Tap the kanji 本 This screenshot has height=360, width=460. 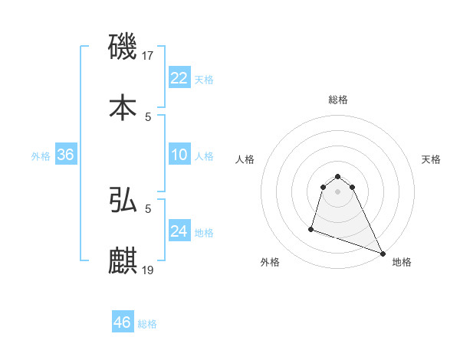click(123, 107)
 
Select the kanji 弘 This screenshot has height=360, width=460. click(123, 200)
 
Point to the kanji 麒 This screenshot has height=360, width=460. click(123, 260)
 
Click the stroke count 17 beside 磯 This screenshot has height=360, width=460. click(149, 56)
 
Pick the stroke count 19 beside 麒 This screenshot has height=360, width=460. click(149, 269)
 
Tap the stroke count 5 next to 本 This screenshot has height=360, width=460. click(148, 116)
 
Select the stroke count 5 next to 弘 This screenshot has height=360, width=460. click(148, 208)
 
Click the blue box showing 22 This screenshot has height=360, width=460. click(179, 78)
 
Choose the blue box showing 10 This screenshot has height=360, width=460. click(179, 155)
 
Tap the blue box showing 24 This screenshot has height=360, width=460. click(179, 231)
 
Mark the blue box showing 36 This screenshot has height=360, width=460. click(66, 155)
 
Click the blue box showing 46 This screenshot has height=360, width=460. click(123, 322)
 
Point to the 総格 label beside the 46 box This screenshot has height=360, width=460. click(147, 324)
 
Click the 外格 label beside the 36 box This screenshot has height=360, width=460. click(41, 156)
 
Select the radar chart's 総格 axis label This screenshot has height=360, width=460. click(338, 100)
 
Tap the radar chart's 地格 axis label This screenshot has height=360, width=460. click(402, 262)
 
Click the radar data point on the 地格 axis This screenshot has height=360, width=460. click(382, 254)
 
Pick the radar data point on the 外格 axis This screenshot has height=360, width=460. click(311, 228)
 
